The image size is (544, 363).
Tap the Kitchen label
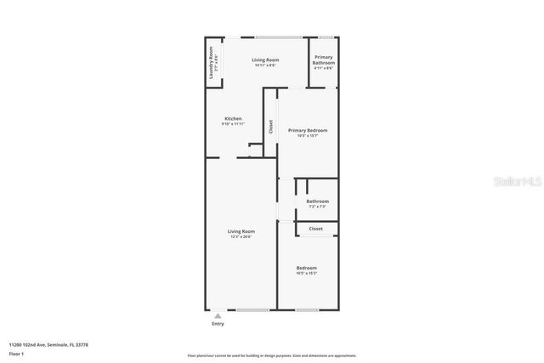tap(233, 118)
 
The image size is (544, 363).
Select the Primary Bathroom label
tap(323, 60)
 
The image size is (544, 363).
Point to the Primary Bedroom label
tap(307, 130)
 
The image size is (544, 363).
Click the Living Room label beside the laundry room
tap(265, 60)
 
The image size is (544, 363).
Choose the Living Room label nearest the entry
tap(241, 230)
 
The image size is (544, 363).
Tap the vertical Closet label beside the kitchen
tap(271, 127)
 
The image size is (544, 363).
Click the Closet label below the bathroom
tap(315, 229)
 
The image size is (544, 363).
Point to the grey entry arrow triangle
tap(218, 315)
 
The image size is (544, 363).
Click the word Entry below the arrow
tap(218, 324)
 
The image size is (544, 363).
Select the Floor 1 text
tap(17, 353)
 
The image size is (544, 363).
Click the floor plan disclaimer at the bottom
tap(272, 355)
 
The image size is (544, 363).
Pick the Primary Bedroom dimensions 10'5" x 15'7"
tap(307, 135)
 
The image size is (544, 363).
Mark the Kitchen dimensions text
tap(233, 124)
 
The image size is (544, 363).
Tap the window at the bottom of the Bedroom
tap(307, 309)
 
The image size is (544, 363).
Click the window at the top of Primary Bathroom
tap(324, 37)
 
